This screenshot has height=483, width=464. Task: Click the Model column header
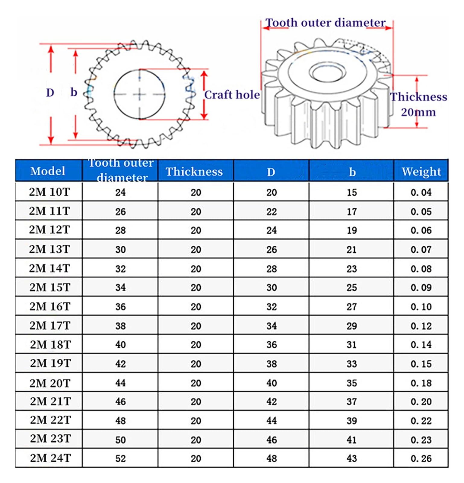point(48,171)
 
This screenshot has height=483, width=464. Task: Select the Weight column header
point(421,172)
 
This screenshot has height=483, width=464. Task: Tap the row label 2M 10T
point(49,192)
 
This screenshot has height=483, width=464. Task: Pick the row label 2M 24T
point(50,458)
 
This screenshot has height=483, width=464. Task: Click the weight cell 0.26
point(421,459)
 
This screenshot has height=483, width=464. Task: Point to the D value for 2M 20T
point(272,383)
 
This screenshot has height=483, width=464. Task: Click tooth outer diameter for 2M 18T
point(120,345)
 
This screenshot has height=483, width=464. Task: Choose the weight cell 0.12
point(421,326)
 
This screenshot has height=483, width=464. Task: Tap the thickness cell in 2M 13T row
point(196,250)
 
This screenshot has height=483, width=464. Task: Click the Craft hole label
point(232,95)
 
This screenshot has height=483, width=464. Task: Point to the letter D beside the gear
point(50,93)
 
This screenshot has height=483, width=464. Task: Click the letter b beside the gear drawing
point(74,92)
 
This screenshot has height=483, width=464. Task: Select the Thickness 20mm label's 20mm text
point(418,112)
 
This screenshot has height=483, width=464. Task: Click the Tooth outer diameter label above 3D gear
point(325,23)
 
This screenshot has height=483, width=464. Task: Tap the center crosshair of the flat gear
point(139,94)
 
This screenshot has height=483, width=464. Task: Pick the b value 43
point(351,459)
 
